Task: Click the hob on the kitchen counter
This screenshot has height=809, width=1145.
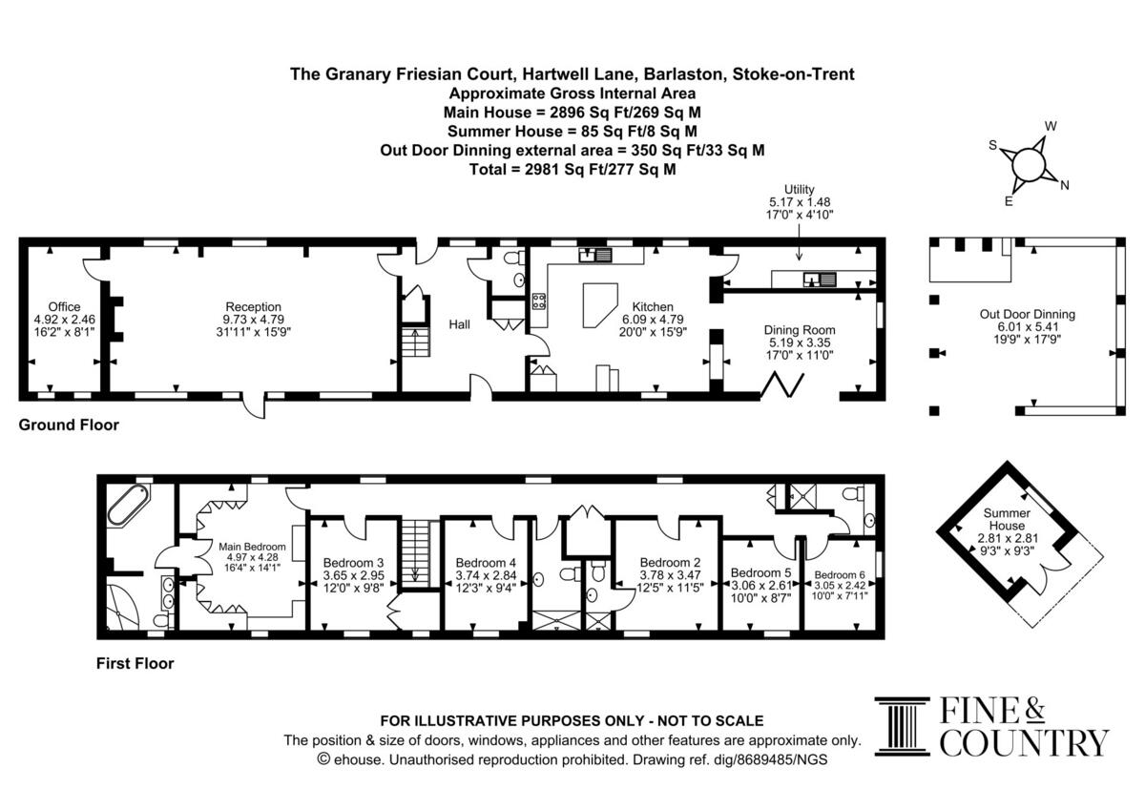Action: click(x=539, y=301)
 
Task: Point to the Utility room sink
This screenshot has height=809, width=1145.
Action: click(x=820, y=279)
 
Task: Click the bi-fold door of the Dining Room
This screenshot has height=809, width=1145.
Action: click(x=782, y=385)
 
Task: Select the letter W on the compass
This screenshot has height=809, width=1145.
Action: click(x=1051, y=126)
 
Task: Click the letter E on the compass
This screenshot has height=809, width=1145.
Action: click(x=1009, y=201)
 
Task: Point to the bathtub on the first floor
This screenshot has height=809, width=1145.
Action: click(x=129, y=505)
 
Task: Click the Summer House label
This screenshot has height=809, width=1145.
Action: click(x=1007, y=519)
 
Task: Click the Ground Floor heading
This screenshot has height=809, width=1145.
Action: click(x=69, y=425)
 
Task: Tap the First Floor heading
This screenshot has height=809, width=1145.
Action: click(x=135, y=663)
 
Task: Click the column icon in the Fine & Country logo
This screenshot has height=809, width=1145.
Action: click(x=903, y=726)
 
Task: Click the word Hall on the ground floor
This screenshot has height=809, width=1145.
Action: click(x=460, y=324)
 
